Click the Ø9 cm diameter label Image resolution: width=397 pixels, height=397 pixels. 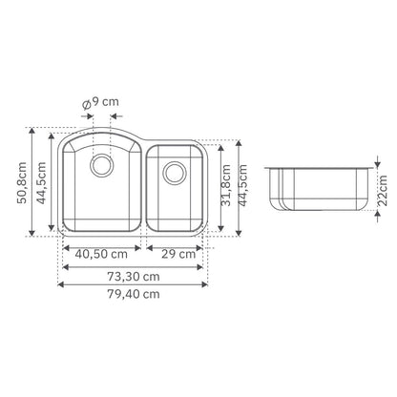point(100,103)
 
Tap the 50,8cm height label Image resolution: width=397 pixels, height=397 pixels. point(22,183)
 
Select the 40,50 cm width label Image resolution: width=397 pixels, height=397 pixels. point(101,254)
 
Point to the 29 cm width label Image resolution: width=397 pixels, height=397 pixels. point(178,254)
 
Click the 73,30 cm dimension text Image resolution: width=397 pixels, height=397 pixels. point(134,277)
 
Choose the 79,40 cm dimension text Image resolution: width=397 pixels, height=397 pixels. point(134,294)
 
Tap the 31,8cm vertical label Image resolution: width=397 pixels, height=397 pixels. point(226,185)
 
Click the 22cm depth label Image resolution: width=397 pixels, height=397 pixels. point(383,191)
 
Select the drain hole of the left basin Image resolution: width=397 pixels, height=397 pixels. point(102,165)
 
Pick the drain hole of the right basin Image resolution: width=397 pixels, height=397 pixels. point(175,173)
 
